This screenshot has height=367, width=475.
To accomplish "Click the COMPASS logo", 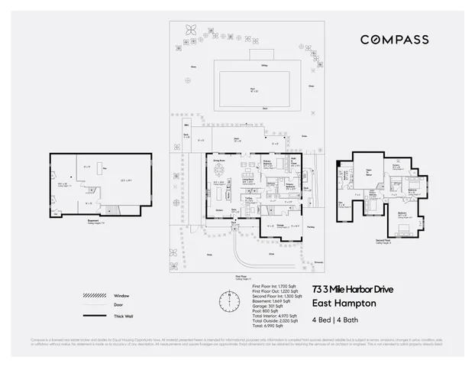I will tap(394, 39).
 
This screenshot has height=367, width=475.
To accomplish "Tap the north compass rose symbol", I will tap(227, 297).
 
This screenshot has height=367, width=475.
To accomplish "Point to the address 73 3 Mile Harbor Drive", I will tap(352, 288).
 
